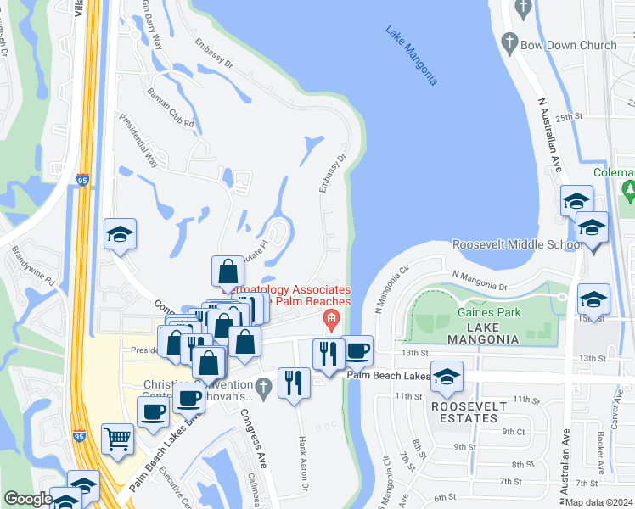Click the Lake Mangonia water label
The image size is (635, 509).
pyautogui.click(x=411, y=56)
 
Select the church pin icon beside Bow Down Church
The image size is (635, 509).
pyautogui.click(x=510, y=41)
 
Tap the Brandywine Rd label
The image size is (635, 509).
pyautogui.click(x=33, y=266)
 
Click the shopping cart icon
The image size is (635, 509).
pyautogui.click(x=118, y=439)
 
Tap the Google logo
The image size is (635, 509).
pyautogui.click(x=27, y=499)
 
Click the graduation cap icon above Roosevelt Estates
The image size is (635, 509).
pyautogui.click(x=447, y=378)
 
